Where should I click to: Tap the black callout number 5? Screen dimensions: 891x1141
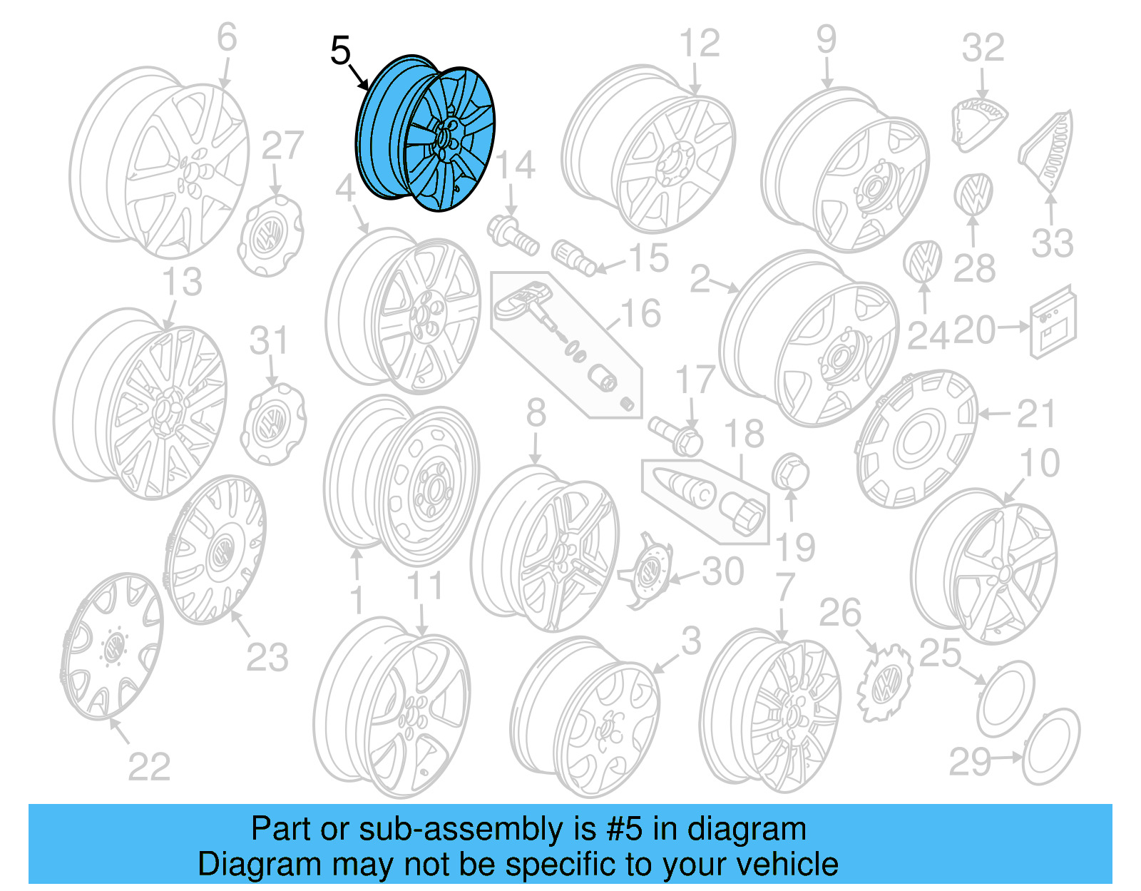(341, 51)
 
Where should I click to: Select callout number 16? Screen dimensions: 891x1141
(640, 314)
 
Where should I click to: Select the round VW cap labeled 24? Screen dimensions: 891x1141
(921, 262)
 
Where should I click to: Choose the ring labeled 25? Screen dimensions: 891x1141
(1005, 699)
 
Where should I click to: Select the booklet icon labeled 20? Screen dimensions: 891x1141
(1053, 322)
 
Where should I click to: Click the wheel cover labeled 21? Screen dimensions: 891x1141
(917, 439)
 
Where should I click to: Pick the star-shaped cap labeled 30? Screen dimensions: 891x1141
(647, 571)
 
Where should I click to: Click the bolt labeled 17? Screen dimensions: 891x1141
(676, 434)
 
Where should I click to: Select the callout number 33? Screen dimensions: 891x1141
(1052, 244)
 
